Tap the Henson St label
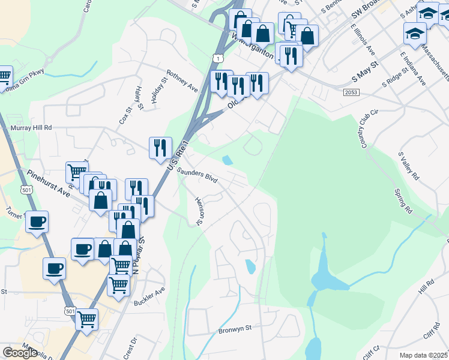(x=199, y=212)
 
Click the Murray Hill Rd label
(x=32, y=128)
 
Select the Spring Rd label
(x=403, y=202)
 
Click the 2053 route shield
(x=352, y=92)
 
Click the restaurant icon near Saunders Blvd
(x=160, y=148)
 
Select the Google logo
(x=20, y=353)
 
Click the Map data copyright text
(x=424, y=355)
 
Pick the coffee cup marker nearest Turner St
(x=37, y=221)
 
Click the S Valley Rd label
(x=408, y=166)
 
